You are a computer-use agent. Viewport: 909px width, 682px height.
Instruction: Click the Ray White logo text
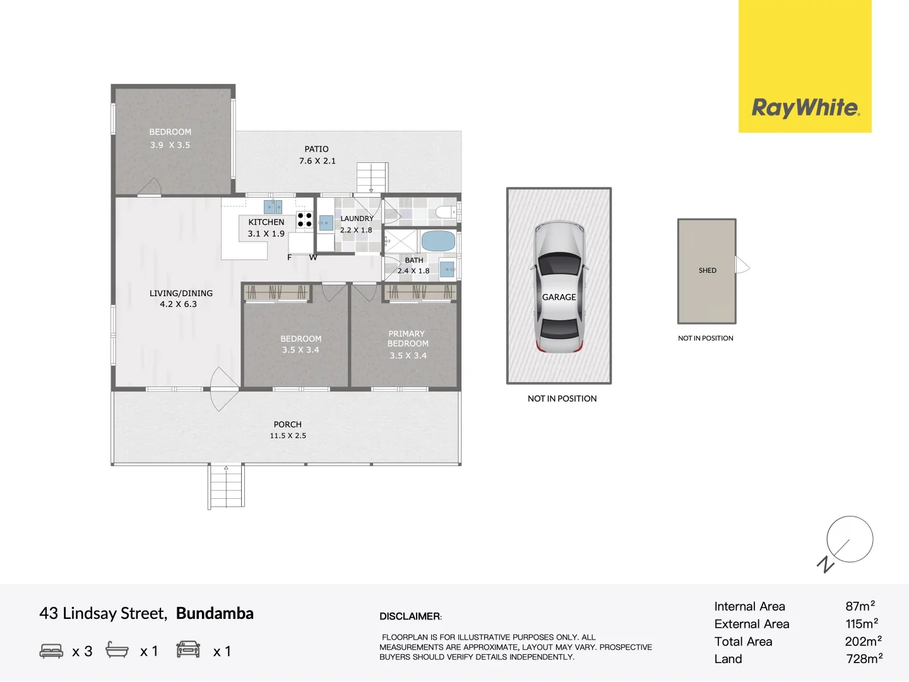[x=805, y=107]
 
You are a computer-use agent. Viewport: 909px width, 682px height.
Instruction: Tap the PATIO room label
[x=316, y=149]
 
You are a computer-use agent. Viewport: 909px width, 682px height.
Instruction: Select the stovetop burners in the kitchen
[x=304, y=220]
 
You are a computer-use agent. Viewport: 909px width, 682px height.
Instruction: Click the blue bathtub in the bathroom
[x=438, y=241]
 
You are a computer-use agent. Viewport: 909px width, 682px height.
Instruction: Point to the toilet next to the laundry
[x=446, y=212]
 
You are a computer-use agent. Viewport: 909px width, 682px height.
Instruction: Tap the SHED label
[x=708, y=270]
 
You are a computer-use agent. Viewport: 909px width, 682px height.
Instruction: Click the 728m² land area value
[x=864, y=659]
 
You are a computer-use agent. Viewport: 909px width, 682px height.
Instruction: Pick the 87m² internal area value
[x=860, y=606]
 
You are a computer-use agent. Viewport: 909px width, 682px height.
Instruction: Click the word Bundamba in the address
[x=215, y=613]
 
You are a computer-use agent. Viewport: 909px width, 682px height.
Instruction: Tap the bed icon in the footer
[x=51, y=650]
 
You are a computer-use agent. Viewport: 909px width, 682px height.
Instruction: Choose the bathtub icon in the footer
[x=117, y=649]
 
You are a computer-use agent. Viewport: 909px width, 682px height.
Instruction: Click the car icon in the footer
[x=188, y=649]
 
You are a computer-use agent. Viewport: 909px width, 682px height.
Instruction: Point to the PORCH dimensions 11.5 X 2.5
[x=288, y=436]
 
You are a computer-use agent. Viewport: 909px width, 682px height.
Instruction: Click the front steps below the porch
[x=226, y=486]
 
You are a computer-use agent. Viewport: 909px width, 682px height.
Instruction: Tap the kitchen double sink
[x=273, y=206]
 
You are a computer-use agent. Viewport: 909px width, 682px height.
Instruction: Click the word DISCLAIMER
[x=410, y=616]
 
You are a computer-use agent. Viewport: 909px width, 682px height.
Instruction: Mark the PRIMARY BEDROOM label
[x=407, y=338]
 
